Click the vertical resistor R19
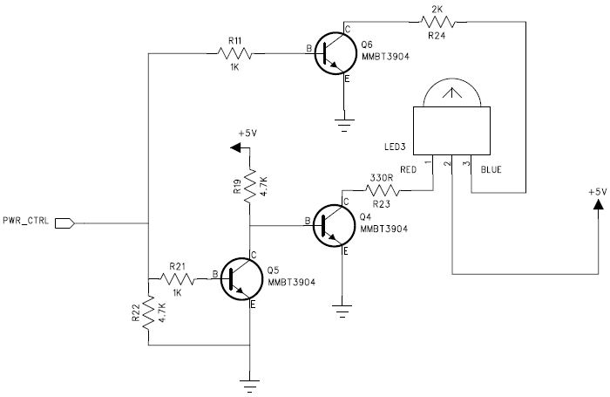[x=250, y=185]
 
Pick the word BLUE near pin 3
[x=491, y=169]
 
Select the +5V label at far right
[x=595, y=190]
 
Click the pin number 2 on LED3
[x=446, y=162]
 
